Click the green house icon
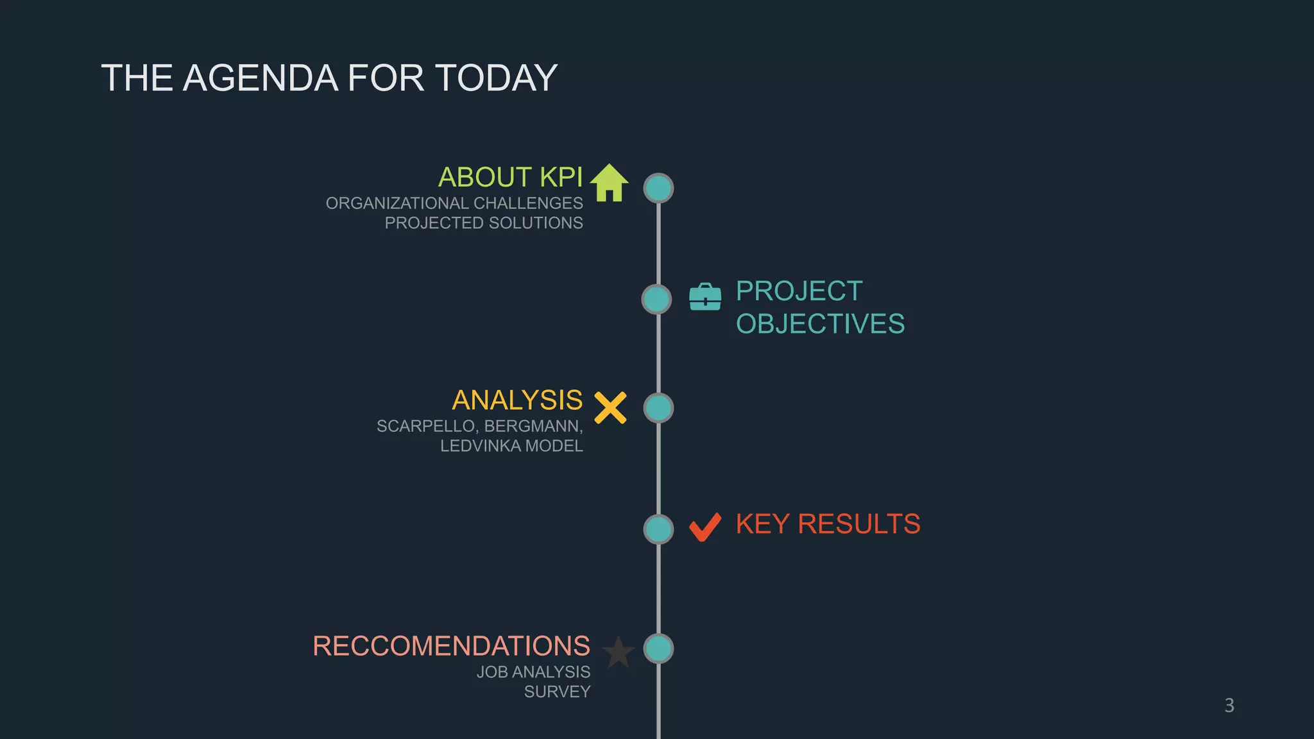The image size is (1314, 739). pyautogui.click(x=609, y=183)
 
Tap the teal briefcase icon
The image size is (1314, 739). pyautogui.click(x=705, y=297)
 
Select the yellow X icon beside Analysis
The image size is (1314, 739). pyautogui.click(x=610, y=408)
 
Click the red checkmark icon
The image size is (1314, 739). pyautogui.click(x=705, y=527)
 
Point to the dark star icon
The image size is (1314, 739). pyautogui.click(x=619, y=652)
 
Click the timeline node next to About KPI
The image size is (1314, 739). pyautogui.click(x=658, y=189)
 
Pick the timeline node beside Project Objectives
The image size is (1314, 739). pyautogui.click(x=656, y=300)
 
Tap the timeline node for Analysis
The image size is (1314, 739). pyautogui.click(x=658, y=408)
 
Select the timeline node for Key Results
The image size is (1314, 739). pyautogui.click(x=658, y=529)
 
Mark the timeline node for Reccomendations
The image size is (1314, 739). pyautogui.click(x=658, y=649)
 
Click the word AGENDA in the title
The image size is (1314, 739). pyautogui.click(x=260, y=78)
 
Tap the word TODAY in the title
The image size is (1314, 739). pyautogui.click(x=496, y=78)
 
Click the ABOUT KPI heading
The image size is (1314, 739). pyautogui.click(x=510, y=177)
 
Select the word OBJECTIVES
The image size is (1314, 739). pyautogui.click(x=820, y=324)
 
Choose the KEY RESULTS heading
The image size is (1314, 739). pyautogui.click(x=828, y=524)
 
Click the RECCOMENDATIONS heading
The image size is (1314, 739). pyautogui.click(x=451, y=646)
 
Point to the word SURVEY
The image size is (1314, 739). pyautogui.click(x=557, y=692)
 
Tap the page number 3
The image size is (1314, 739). pyautogui.click(x=1229, y=706)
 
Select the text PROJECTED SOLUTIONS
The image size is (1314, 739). pyautogui.click(x=484, y=223)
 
